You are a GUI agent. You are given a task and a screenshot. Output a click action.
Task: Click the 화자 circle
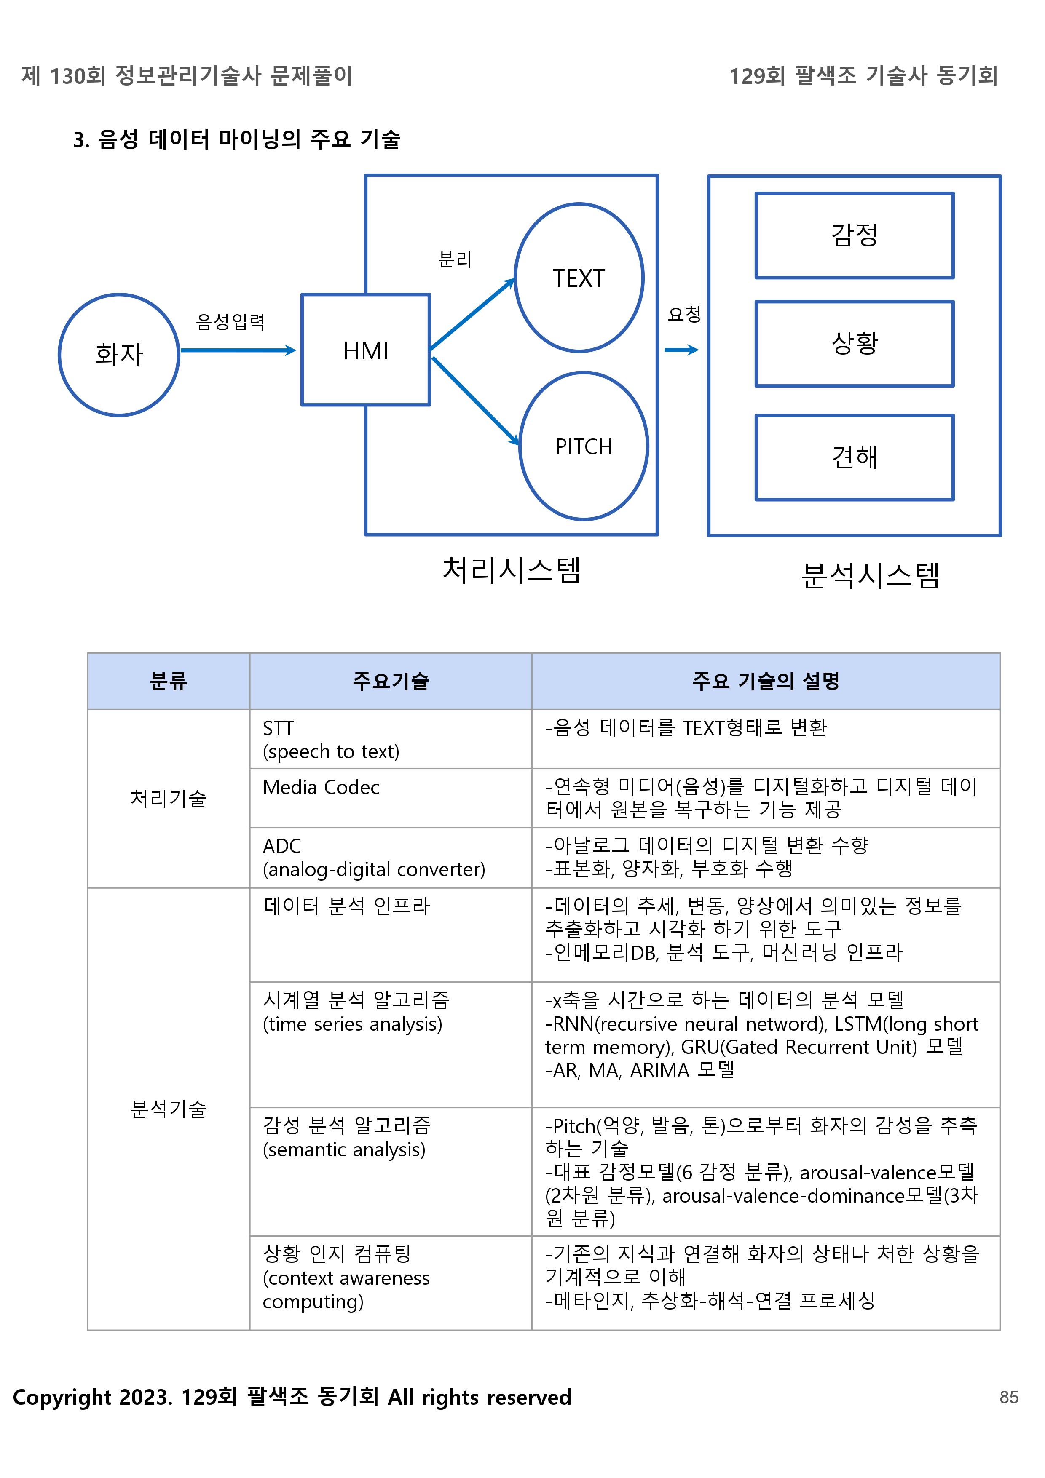click(119, 355)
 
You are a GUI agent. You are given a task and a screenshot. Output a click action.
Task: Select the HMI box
click(366, 350)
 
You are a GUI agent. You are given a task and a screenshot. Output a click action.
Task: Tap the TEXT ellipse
click(579, 278)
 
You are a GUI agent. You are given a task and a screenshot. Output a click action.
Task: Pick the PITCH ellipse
click(583, 446)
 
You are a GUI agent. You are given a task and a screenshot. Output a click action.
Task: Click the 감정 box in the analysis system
click(855, 235)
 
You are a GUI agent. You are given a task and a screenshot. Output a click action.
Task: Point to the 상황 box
click(855, 344)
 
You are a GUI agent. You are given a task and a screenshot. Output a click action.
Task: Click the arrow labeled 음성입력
click(238, 350)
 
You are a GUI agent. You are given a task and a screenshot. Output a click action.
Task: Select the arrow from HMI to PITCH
click(475, 401)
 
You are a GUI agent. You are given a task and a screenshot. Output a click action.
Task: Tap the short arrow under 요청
click(681, 350)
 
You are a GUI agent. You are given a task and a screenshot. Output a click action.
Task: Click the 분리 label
click(455, 259)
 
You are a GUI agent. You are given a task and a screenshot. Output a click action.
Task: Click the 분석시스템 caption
click(870, 575)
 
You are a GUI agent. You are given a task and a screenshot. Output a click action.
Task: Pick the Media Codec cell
click(321, 787)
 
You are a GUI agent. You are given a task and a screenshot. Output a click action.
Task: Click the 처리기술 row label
click(168, 798)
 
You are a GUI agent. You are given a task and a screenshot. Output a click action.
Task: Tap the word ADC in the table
click(281, 846)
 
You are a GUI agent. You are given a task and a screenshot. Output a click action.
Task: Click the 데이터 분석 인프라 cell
click(346, 906)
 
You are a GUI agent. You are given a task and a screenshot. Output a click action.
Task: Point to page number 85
click(1009, 1397)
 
